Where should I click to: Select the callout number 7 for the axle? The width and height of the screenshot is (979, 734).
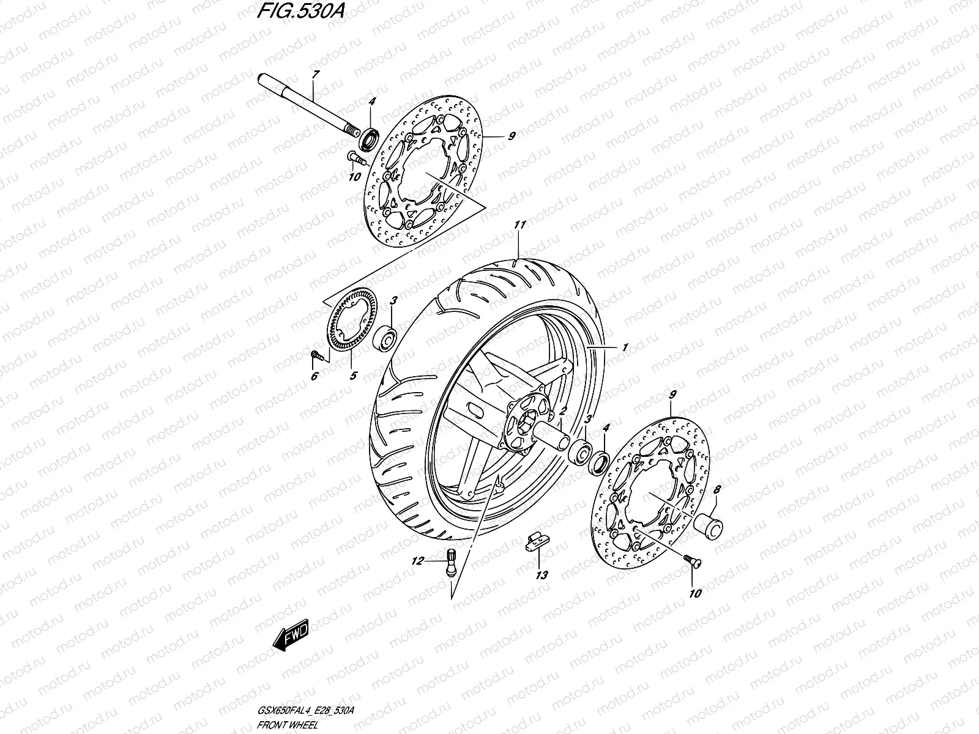click(x=314, y=75)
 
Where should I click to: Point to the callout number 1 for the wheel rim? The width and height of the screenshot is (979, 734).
click(x=625, y=347)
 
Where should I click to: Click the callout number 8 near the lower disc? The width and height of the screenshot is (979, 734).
click(x=718, y=489)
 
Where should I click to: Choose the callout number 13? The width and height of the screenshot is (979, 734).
click(x=541, y=575)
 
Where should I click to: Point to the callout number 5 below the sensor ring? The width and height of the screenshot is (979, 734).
click(x=352, y=375)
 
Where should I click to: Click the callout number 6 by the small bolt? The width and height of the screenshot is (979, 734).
click(x=314, y=376)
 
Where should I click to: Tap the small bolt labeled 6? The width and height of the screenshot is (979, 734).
click(x=315, y=354)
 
